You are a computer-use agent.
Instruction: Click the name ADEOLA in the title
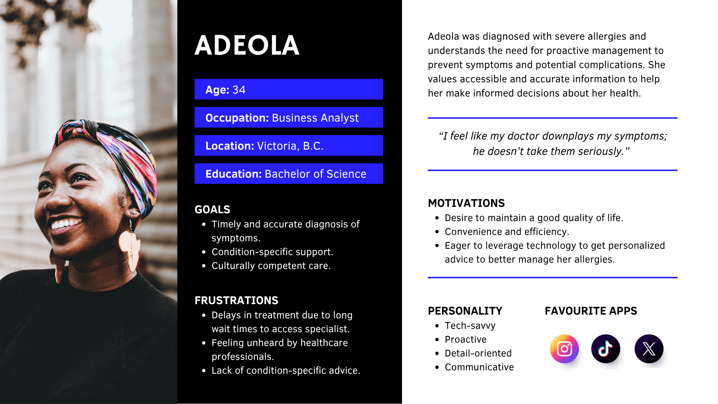pos(247,46)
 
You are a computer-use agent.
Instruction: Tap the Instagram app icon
pos(564,349)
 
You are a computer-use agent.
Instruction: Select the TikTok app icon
pos(605,349)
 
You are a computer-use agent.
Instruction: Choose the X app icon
pos(649,349)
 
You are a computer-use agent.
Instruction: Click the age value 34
pos(239,90)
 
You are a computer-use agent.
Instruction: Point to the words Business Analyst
pos(315,118)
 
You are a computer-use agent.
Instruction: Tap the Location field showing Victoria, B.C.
pos(288,146)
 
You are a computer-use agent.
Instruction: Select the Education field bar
pos(288,174)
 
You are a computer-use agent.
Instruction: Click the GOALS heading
pos(212,209)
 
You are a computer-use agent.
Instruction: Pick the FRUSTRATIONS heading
pos(236,300)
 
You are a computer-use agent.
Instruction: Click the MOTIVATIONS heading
pos(466,203)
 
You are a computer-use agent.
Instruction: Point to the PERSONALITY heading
pos(465,311)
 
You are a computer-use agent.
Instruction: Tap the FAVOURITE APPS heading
pos(590,311)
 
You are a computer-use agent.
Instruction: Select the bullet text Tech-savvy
pos(470,326)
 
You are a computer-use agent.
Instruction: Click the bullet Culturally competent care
pos(271,266)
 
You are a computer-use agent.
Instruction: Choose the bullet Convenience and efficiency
pos(507,232)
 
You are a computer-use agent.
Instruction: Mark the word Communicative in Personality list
pos(479,367)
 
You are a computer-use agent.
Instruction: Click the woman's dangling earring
pos(129,247)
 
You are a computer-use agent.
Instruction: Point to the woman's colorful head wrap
pos(112,150)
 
